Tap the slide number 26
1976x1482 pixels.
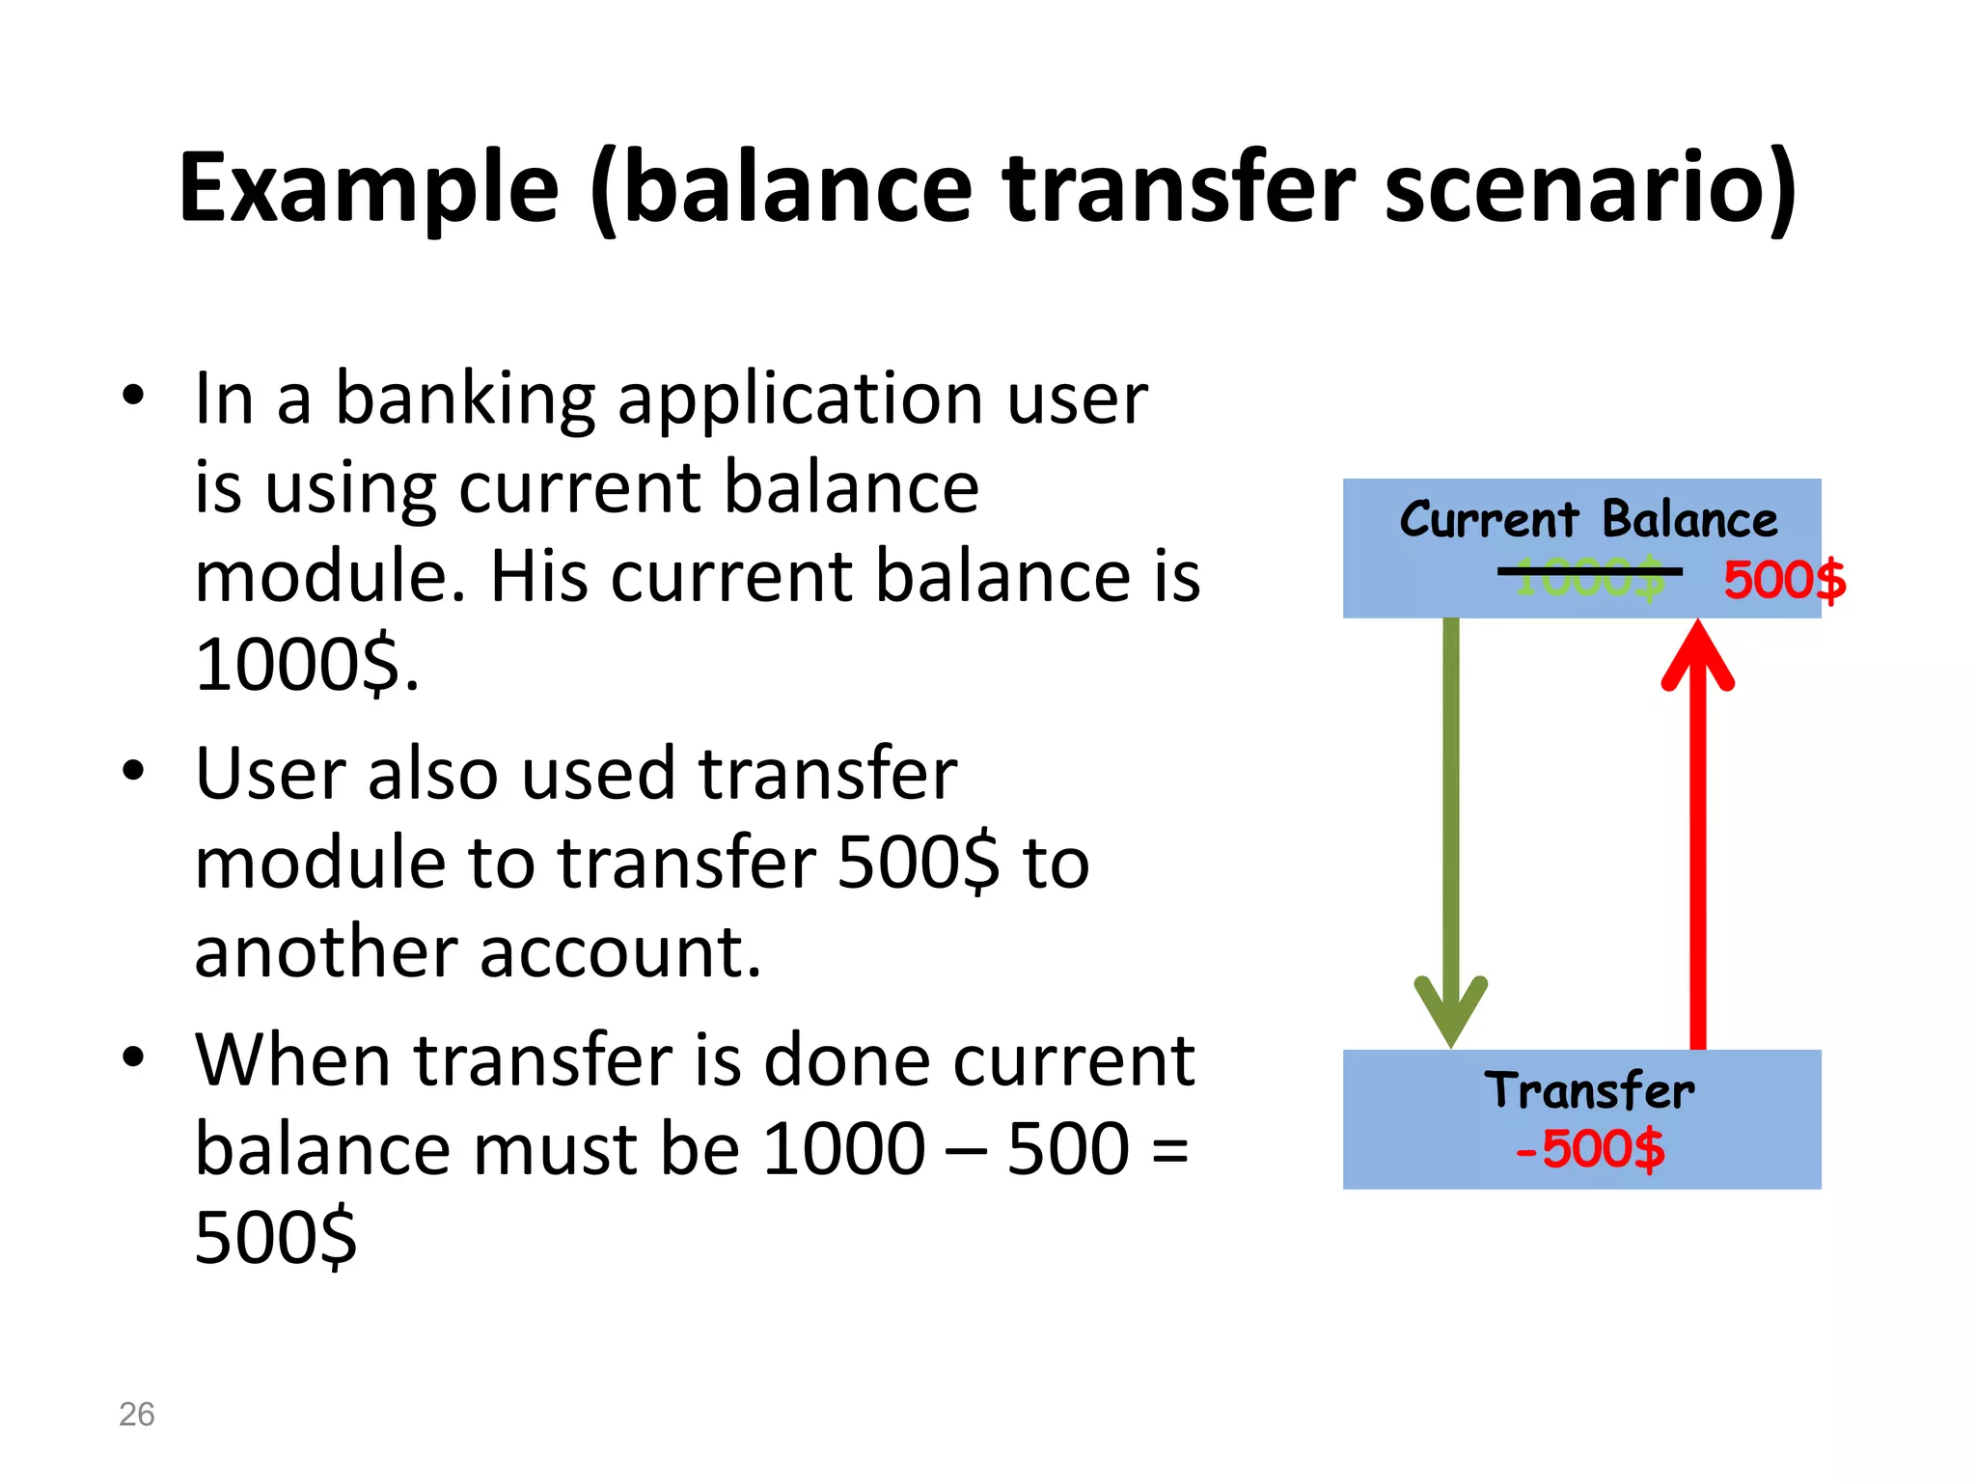tap(136, 1414)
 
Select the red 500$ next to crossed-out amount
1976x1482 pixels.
tap(1784, 581)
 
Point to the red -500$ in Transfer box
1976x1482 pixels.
tap(1590, 1149)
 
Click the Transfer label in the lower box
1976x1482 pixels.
tap(1589, 1091)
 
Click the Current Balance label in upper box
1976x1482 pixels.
tap(1588, 520)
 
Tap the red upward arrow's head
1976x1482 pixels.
tap(1698, 656)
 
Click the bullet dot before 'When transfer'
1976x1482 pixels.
tap(133, 1056)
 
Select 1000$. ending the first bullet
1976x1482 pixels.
tap(307, 665)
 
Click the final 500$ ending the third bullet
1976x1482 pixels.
tap(276, 1238)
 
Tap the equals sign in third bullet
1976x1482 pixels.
tap(1169, 1150)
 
